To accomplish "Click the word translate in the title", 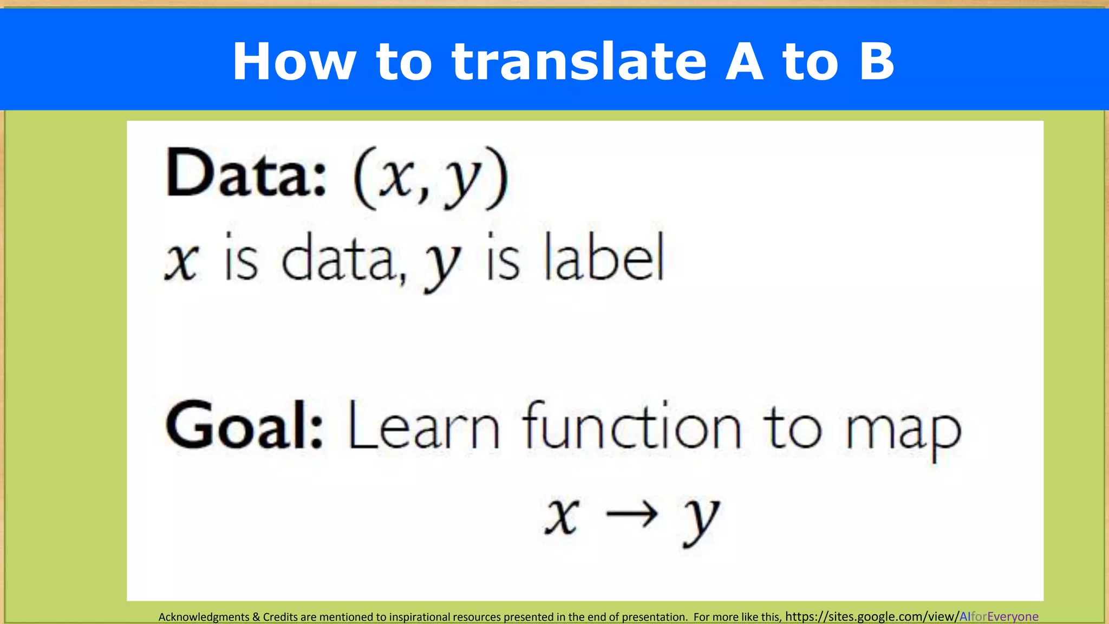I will pyautogui.click(x=579, y=62).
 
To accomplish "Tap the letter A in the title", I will pyautogui.click(x=745, y=62).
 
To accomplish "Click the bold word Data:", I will pyautogui.click(x=246, y=173).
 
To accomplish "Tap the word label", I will pyautogui.click(x=604, y=258).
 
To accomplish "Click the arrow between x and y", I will pyautogui.click(x=631, y=515).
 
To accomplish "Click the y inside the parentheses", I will pyautogui.click(x=462, y=181).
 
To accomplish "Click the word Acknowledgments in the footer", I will pyautogui.click(x=204, y=617).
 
